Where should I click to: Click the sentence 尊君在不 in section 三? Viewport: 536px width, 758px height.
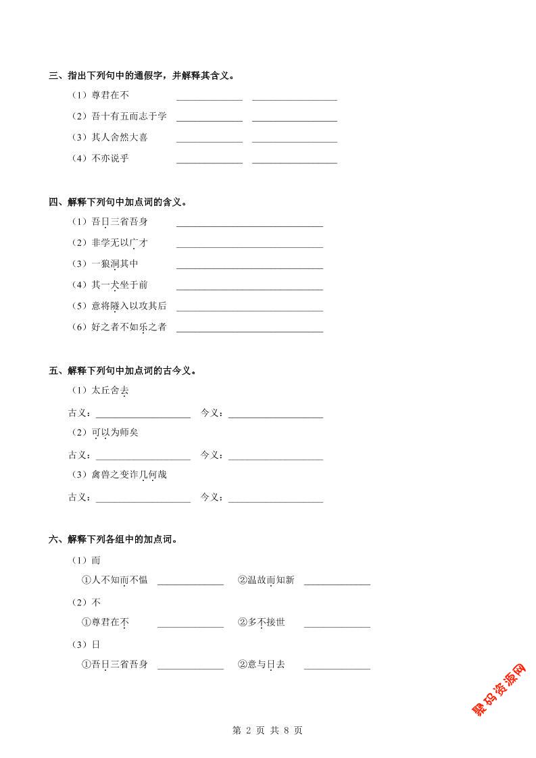tap(110, 95)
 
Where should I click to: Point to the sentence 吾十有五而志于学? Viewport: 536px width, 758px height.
tap(129, 116)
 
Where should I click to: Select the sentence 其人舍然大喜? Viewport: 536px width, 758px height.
tap(120, 137)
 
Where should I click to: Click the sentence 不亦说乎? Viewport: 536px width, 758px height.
tap(110, 158)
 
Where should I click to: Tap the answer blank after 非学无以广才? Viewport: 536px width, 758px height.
tap(249, 245)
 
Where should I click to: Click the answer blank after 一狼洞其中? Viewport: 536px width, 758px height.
tap(249, 266)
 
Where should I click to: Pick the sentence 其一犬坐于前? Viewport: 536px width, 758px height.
tap(120, 285)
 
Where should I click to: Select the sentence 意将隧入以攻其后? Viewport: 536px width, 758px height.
tap(129, 306)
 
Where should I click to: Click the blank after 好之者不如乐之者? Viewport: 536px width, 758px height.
tap(249, 329)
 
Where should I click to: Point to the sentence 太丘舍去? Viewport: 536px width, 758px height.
tap(110, 390)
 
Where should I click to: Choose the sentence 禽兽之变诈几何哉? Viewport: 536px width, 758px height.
tap(129, 475)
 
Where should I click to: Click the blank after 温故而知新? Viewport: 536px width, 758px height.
tap(337, 582)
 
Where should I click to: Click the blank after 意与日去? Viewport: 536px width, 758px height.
tap(337, 666)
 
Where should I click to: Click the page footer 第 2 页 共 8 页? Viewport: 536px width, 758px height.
tap(268, 730)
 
